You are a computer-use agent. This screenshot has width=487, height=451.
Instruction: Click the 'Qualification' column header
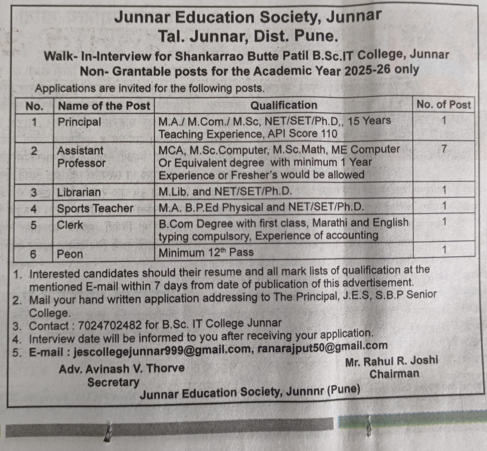point(283,105)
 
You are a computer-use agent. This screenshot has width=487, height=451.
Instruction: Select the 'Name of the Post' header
point(104,106)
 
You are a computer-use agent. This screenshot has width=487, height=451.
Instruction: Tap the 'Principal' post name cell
point(79,122)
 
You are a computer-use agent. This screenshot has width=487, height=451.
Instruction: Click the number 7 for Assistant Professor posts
point(444,149)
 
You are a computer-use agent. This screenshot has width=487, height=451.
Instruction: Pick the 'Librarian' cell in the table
point(79,192)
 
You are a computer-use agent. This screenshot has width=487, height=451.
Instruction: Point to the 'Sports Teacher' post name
point(95,208)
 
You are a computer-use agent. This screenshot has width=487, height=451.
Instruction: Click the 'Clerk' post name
point(70,225)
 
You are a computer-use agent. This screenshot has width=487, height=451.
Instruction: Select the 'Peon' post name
point(70,254)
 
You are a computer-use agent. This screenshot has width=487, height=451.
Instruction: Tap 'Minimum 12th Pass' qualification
point(206,253)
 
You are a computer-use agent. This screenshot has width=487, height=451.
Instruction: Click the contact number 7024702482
point(110,325)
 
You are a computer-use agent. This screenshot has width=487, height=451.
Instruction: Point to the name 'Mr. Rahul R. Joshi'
point(391,361)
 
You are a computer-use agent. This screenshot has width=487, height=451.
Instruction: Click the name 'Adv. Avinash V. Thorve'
point(121,369)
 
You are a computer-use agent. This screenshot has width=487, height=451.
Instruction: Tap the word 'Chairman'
point(394,374)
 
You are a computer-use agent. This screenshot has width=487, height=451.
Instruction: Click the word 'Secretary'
point(113,382)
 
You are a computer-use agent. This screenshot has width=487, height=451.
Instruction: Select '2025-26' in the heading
point(367,70)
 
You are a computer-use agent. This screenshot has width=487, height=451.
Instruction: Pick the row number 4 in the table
point(34,209)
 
